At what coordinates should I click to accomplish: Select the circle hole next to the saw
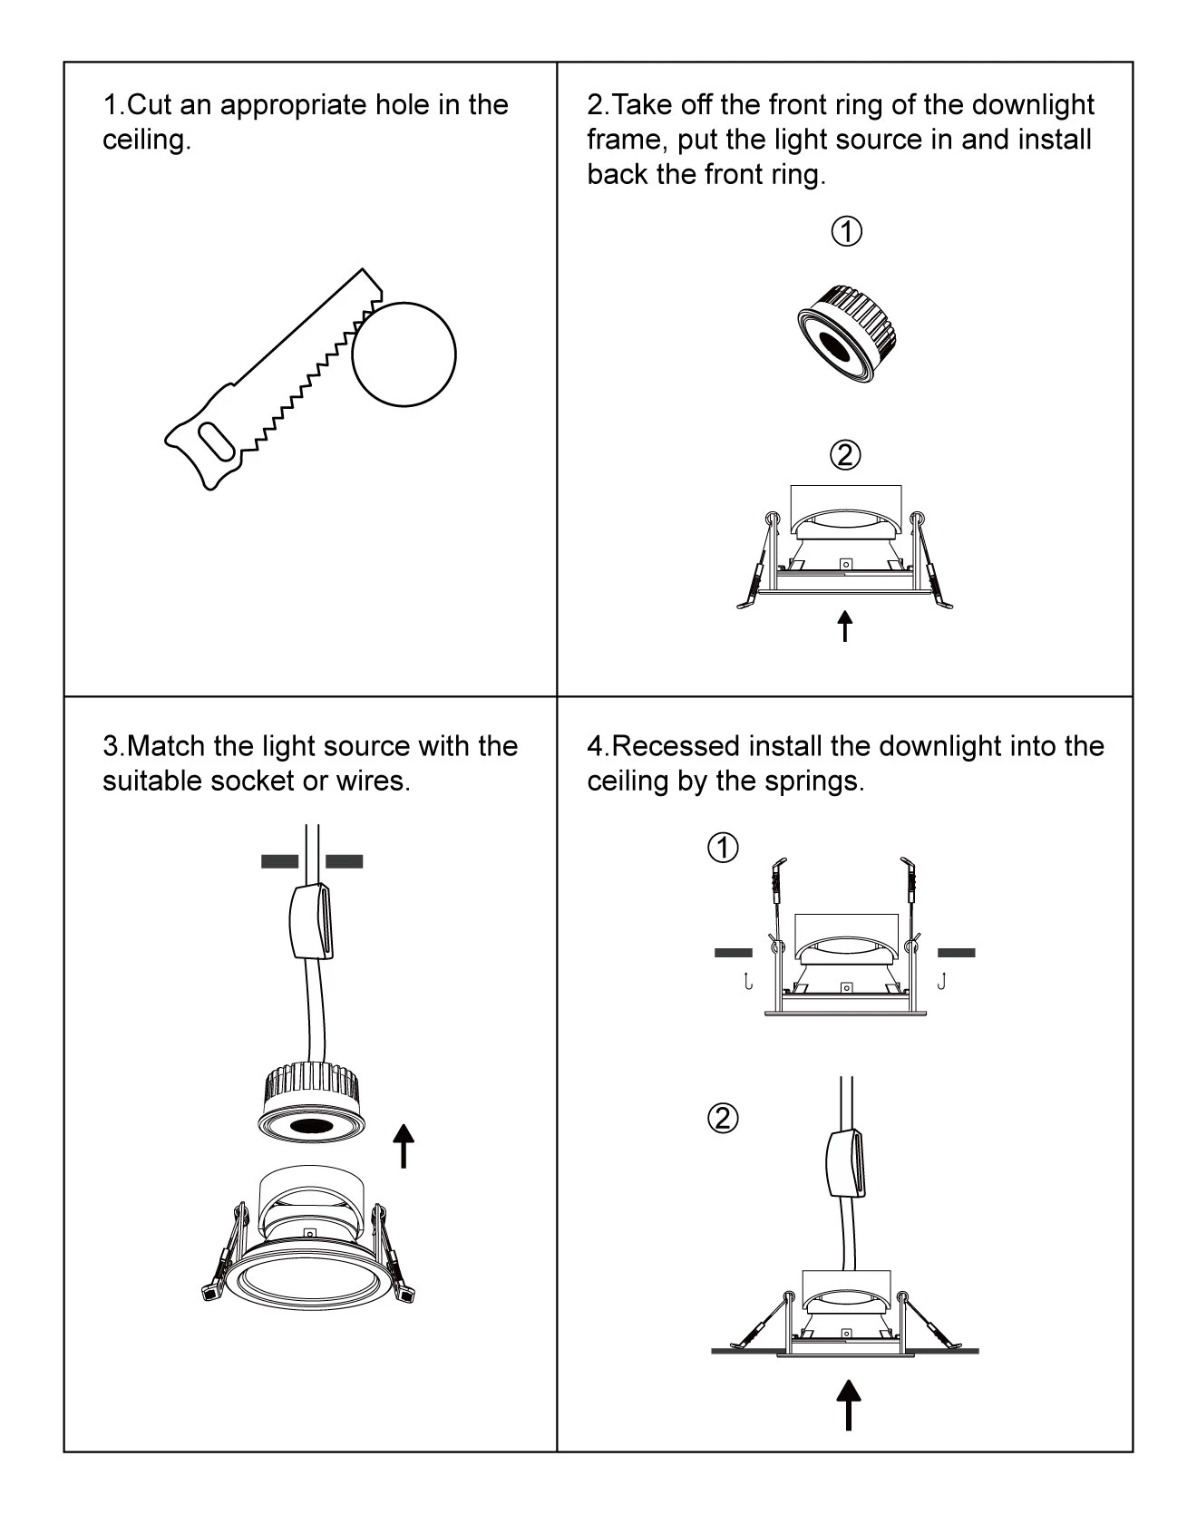pos(404,354)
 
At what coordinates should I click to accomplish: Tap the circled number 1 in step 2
pos(846,232)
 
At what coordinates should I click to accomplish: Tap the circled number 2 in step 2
pos(845,454)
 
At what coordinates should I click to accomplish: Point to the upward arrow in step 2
pos(845,626)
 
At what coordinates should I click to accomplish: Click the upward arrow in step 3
pos(404,1146)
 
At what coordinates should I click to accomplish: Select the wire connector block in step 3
pos(311,921)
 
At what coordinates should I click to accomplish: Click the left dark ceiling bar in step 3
pos(279,861)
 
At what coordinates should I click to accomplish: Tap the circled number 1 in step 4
pos(723,849)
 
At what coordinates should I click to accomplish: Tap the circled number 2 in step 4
pos(723,1118)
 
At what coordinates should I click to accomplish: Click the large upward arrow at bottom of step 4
pos(848,1404)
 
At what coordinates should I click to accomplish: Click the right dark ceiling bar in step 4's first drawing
pos(956,953)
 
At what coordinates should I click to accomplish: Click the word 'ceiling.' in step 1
pos(147,141)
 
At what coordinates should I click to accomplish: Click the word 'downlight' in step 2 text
pos(1032,105)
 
